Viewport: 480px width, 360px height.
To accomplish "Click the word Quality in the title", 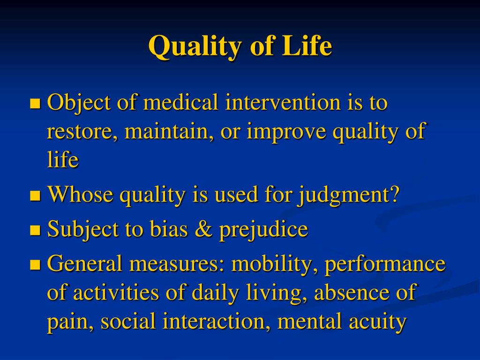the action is click(x=195, y=46).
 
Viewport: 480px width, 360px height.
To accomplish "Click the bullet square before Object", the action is click(x=36, y=104).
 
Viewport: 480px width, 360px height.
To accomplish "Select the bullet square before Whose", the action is click(x=36, y=195).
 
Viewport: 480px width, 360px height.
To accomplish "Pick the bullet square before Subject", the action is click(x=36, y=230).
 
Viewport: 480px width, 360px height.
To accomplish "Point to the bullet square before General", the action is click(x=36, y=264).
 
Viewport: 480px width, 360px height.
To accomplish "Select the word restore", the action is click(x=82, y=132).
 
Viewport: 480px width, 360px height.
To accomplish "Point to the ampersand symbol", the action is click(x=203, y=229).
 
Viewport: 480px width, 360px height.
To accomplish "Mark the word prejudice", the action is click(x=263, y=230).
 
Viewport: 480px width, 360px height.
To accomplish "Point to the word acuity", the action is click(x=378, y=322).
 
